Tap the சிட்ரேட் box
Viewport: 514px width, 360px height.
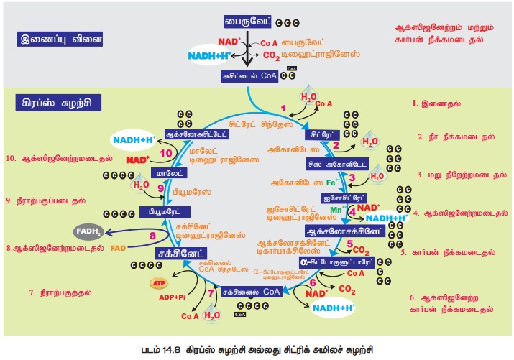[320, 134]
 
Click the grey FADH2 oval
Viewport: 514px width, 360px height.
[91, 231]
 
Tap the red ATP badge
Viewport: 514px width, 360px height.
[160, 284]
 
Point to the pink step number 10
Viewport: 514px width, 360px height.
[166, 153]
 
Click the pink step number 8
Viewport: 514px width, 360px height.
[152, 236]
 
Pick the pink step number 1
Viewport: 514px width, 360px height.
[282, 109]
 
